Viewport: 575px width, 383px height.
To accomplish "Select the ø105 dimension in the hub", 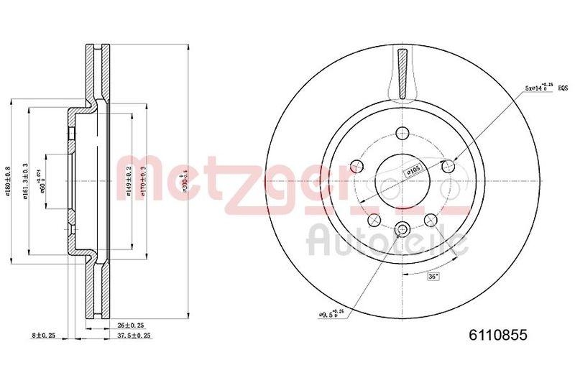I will tap(413, 170).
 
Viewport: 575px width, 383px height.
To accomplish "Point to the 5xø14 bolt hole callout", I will tap(539, 88).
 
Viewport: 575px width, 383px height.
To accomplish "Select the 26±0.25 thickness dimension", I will tap(130, 324).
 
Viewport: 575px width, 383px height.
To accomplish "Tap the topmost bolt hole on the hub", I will tap(402, 134).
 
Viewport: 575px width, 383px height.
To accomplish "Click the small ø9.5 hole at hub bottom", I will tap(402, 230).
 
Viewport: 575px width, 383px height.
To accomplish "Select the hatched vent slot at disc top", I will tap(402, 72).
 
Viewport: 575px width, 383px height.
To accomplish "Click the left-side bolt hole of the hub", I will tap(355, 167).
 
